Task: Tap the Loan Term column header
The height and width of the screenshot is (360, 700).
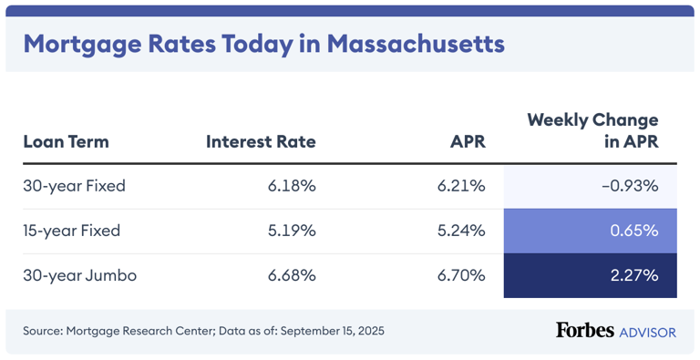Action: coord(66,142)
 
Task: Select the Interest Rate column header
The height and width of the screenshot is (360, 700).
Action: coord(261,142)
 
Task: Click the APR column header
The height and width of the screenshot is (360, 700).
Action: coord(468,142)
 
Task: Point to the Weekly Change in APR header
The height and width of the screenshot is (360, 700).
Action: coord(592,131)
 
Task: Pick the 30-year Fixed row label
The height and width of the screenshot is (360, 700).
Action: coord(74,186)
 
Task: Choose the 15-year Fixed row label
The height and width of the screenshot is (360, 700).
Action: coord(73,231)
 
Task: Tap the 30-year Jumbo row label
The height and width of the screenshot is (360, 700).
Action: coord(79,275)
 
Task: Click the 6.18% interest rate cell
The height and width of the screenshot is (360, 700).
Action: coord(292,186)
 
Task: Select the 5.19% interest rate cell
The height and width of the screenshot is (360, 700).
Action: coord(292,231)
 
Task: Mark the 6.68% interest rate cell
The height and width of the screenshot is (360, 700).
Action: coord(292,275)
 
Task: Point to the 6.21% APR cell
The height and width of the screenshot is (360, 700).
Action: coord(461,186)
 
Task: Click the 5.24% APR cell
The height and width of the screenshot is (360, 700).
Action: coord(461,231)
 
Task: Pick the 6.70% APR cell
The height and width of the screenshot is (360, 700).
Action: coord(461,275)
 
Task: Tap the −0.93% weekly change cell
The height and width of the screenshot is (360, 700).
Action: coord(630,186)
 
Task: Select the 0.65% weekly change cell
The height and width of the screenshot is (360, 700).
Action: coord(633,231)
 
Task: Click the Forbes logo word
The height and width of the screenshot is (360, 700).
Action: coord(584,330)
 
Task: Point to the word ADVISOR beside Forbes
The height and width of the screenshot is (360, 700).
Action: coord(647,332)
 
